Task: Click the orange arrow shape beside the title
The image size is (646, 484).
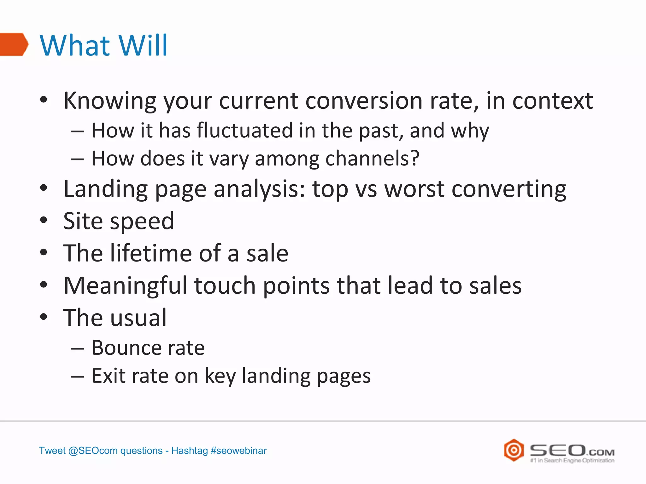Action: coord(13,44)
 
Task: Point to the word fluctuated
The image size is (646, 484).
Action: coord(245,130)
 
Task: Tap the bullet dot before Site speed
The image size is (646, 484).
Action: coord(44,220)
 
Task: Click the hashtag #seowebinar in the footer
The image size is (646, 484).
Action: coord(238,451)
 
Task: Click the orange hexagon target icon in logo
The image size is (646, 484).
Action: coord(514,450)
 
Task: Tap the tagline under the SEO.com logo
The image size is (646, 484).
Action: coord(572,461)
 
